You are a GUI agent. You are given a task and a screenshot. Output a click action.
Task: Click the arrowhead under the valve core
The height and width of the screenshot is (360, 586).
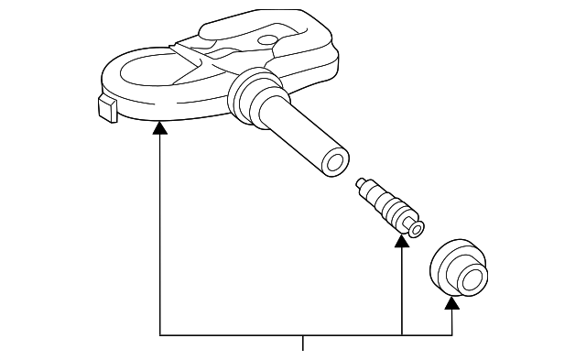[402, 241]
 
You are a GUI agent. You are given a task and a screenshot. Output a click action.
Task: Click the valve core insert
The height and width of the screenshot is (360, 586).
[389, 206]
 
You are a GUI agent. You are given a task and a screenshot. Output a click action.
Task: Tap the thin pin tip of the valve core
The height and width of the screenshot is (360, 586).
[362, 182]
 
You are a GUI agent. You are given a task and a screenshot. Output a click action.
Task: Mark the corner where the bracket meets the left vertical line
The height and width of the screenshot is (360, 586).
[160, 333]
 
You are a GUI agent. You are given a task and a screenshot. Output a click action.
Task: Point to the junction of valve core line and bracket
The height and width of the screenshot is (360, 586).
[402, 333]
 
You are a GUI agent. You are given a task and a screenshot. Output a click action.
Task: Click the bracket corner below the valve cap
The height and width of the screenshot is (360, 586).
[451, 333]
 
